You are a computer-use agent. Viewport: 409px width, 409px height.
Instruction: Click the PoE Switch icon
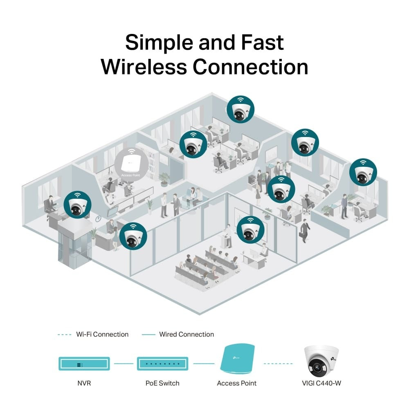coord(162,363)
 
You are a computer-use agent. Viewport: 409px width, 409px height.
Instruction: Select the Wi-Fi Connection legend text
coord(102,334)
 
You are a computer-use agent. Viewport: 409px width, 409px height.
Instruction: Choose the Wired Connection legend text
coord(186,334)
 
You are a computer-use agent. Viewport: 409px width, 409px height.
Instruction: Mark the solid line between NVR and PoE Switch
coord(124,363)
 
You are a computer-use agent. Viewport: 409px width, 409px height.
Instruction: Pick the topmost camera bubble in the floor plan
coord(240,109)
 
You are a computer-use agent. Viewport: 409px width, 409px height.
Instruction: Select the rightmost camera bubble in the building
coord(363,172)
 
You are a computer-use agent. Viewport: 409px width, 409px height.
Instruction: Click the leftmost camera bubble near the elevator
coord(78,204)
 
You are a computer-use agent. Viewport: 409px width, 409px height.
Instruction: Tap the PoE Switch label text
coord(162,383)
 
